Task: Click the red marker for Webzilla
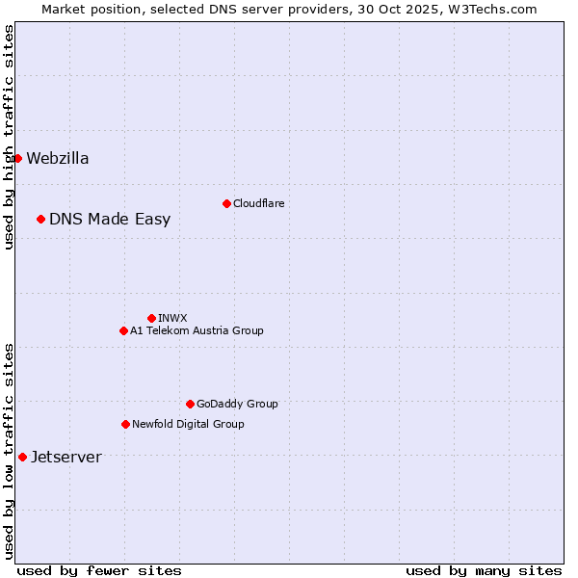pyautogui.click(x=17, y=158)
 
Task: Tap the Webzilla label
pyautogui.click(x=58, y=159)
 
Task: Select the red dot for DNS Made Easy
pyautogui.click(x=40, y=219)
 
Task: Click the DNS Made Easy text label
pyautogui.click(x=110, y=220)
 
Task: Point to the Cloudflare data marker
pyautogui.click(x=226, y=203)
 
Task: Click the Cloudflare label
pyautogui.click(x=258, y=203)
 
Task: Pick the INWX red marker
pyautogui.click(x=151, y=318)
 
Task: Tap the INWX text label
pyautogui.click(x=172, y=318)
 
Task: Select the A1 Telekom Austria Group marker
pyautogui.click(x=123, y=330)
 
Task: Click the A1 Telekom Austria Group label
pyautogui.click(x=197, y=330)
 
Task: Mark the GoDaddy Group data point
pyautogui.click(x=190, y=404)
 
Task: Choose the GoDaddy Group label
pyautogui.click(x=237, y=404)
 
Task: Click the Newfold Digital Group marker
pyautogui.click(x=125, y=424)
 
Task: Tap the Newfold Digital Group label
pyautogui.click(x=188, y=424)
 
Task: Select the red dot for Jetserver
pyautogui.click(x=22, y=457)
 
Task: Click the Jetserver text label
pyautogui.click(x=66, y=458)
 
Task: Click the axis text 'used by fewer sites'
pyautogui.click(x=99, y=570)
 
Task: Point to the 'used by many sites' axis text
pyautogui.click(x=484, y=570)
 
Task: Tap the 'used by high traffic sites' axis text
pyautogui.click(x=9, y=137)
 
